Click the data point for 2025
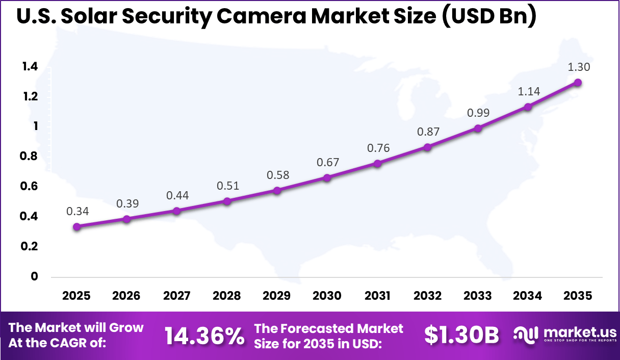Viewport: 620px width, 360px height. (x=76, y=227)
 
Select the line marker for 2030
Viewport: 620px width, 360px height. (x=327, y=178)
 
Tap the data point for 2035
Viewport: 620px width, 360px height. (x=578, y=83)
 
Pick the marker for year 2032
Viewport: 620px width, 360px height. (x=427, y=147)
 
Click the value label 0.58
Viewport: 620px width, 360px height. (x=277, y=175)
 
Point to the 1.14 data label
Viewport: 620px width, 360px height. (x=528, y=92)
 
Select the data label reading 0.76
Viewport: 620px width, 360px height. (x=378, y=148)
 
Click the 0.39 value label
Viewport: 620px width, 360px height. (x=127, y=203)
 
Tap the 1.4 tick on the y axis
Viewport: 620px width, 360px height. (x=30, y=67)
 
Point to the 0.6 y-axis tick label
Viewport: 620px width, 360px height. (x=30, y=187)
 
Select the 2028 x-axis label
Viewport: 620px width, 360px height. (x=227, y=296)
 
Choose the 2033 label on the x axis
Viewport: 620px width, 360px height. (x=478, y=296)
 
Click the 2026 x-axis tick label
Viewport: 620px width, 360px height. (x=126, y=296)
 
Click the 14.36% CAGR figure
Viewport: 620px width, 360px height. (x=204, y=336)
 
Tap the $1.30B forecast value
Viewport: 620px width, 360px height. (x=461, y=335)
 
